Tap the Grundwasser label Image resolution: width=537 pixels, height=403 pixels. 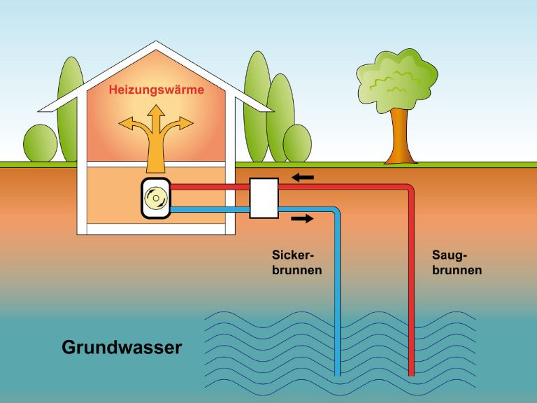click(x=122, y=347)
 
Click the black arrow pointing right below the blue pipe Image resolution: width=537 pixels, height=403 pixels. click(x=302, y=219)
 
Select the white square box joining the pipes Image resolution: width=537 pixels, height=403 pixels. click(x=264, y=198)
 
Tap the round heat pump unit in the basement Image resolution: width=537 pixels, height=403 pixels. click(x=155, y=199)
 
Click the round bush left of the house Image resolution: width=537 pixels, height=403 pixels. click(x=41, y=144)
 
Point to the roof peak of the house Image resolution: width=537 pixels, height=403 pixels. click(x=155, y=44)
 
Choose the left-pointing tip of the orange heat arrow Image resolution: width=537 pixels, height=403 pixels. click(x=121, y=127)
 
